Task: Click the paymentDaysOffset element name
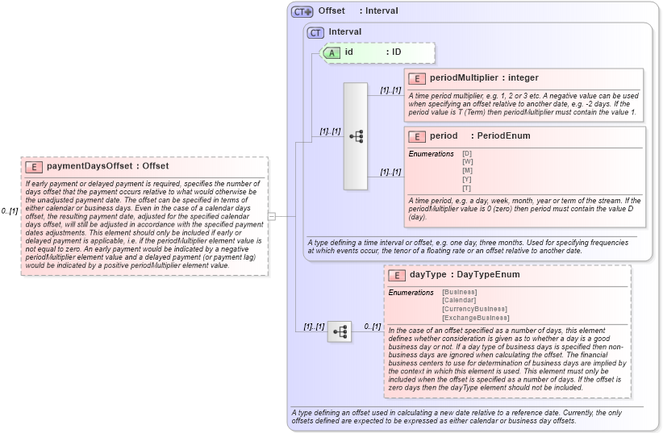[x=90, y=166]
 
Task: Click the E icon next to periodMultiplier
[x=417, y=78]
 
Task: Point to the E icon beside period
[x=417, y=136]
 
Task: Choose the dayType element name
[x=427, y=274]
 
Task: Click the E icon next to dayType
[x=397, y=275]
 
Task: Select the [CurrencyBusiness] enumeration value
[x=474, y=309]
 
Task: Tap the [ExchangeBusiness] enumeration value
[x=476, y=318]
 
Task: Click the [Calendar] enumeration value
[x=459, y=300]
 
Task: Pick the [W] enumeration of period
[x=467, y=161]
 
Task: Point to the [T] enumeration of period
[x=467, y=188]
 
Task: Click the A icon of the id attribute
[x=331, y=52]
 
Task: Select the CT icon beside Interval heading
[x=316, y=32]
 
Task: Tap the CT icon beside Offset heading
[x=302, y=11]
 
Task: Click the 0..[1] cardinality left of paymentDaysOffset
[x=10, y=211]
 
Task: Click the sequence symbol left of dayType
[x=340, y=331]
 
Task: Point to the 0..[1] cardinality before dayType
[x=372, y=327]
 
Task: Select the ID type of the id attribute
[x=396, y=52]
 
